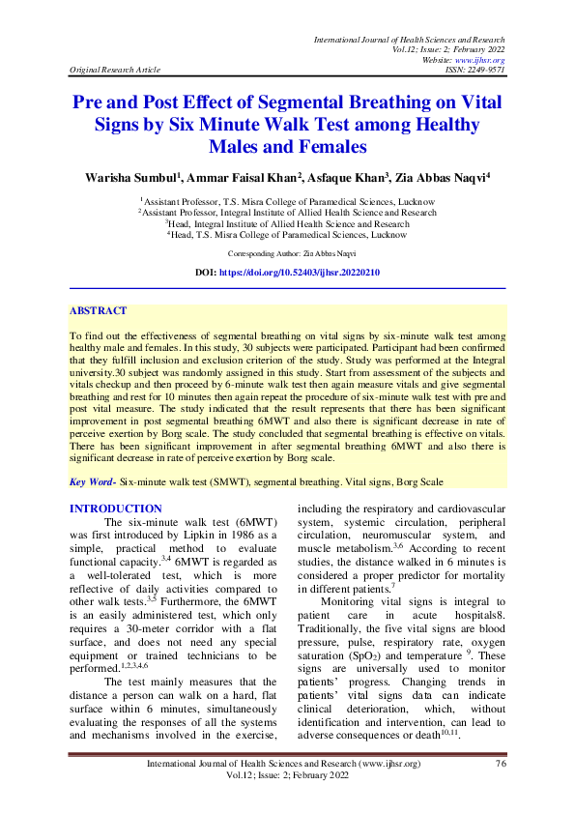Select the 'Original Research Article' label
[114, 71]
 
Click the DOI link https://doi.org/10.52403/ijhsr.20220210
[300, 274]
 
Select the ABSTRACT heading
[98, 311]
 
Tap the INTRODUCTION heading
[116, 509]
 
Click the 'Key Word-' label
[94, 480]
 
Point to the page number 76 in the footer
[500, 791]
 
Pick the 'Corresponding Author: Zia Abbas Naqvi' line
[288, 252]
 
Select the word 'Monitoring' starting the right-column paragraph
[356, 602]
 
